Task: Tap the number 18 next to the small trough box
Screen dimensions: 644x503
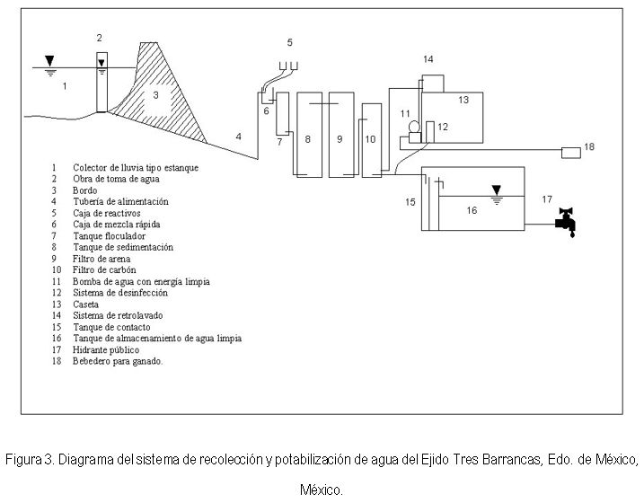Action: click(589, 146)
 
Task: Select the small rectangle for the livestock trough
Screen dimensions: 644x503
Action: click(571, 153)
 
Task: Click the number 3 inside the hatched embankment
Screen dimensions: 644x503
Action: click(155, 95)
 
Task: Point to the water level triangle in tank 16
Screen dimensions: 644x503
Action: click(497, 190)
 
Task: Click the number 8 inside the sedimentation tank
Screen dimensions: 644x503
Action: click(307, 139)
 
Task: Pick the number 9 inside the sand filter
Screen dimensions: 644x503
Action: click(340, 139)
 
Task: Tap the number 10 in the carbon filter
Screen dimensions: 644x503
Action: click(370, 139)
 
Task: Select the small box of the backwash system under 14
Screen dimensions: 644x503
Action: click(433, 84)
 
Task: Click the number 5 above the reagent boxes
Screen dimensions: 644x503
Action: click(289, 42)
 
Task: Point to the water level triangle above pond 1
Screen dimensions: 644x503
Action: click(49, 61)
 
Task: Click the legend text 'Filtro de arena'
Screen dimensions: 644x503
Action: click(101, 259)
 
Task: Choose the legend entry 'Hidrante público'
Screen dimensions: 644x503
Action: click(106, 349)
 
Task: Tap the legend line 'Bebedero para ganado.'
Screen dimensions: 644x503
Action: click(118, 361)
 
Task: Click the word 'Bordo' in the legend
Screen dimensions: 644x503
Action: click(85, 190)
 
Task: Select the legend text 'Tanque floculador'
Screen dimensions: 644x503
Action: click(110, 236)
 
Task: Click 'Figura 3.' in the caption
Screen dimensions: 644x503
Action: click(30, 459)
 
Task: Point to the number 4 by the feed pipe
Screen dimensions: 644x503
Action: click(239, 137)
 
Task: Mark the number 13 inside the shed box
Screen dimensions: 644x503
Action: click(463, 100)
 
